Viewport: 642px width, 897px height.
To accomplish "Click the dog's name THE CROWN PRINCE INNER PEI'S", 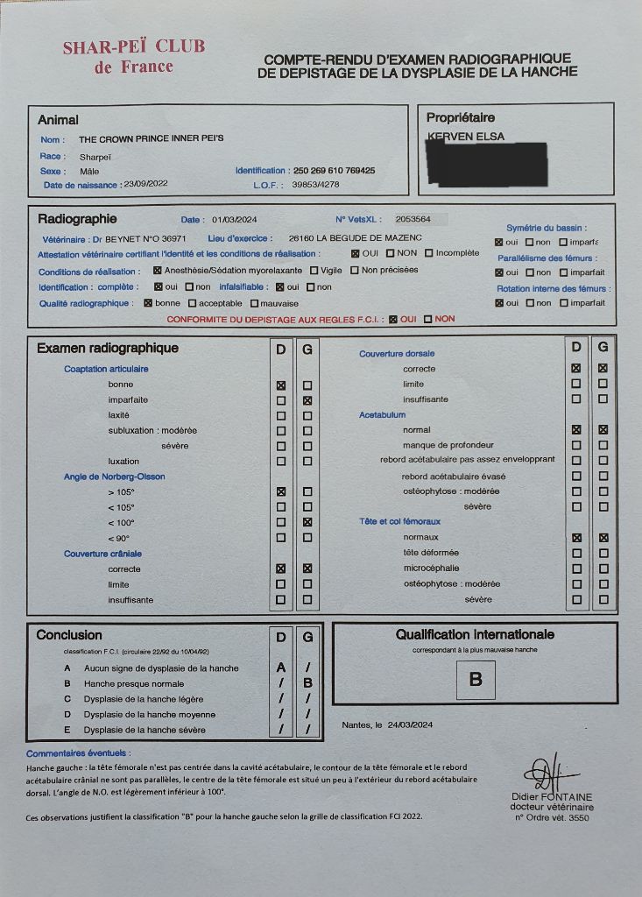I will (x=151, y=139).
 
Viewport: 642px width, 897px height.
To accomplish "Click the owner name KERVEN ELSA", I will (x=465, y=137).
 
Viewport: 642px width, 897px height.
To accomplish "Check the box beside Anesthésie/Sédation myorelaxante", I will (x=158, y=271).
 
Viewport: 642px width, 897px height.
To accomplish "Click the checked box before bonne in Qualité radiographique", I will (x=148, y=303).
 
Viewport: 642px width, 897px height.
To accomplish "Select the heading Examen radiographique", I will (x=107, y=348).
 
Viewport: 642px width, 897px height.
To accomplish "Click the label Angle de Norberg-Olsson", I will (x=114, y=477).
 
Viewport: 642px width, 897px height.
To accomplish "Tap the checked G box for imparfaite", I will (x=307, y=400).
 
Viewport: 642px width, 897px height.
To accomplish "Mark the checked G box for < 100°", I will (x=307, y=523).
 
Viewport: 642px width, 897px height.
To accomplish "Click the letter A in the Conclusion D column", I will (x=280, y=668).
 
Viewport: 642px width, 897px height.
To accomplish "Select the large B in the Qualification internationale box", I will (x=476, y=679).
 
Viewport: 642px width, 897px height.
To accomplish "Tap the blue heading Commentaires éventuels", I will (x=79, y=753).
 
